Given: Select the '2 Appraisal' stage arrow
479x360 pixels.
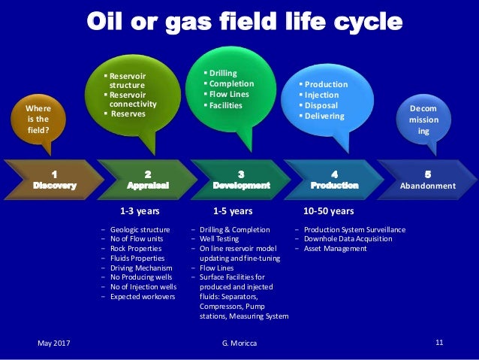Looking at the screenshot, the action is (147, 180).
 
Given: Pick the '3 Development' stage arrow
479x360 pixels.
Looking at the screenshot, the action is (241, 180).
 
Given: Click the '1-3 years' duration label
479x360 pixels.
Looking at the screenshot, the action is (140, 211).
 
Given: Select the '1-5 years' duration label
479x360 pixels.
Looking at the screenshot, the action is (232, 211).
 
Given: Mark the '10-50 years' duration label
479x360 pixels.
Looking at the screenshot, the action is (328, 211).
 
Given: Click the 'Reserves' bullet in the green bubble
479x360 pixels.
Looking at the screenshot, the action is (128, 113).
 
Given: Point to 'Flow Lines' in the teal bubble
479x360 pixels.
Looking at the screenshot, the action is (228, 95).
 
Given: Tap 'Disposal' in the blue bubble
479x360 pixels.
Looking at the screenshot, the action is (321, 106).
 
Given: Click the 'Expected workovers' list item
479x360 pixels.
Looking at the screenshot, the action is (142, 297).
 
